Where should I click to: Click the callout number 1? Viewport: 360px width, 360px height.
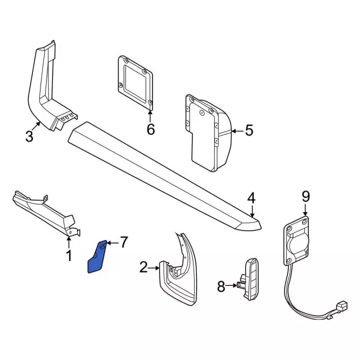pos(69,256)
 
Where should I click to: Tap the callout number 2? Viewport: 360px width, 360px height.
pos(143,267)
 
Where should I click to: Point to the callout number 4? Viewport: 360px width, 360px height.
pos(251,197)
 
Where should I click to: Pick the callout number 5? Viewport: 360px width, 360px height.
pos(249,131)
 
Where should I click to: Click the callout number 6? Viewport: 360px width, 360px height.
pos(150,129)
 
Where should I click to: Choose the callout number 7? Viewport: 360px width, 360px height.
pos(124,242)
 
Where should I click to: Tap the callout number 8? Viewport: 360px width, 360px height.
pos(220,287)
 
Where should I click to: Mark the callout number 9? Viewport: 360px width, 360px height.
pos(305,196)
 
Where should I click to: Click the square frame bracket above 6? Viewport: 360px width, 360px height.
pos(135,82)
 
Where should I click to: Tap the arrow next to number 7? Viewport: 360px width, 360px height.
pos(111,243)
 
